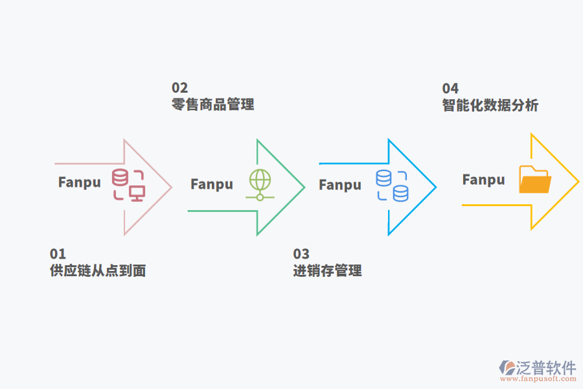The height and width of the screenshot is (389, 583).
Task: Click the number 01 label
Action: (58, 253)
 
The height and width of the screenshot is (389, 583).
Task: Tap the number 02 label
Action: (179, 88)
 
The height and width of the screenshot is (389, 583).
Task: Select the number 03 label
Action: (301, 253)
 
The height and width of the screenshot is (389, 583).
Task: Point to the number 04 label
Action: (450, 88)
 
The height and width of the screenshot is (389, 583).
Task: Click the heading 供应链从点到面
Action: (98, 270)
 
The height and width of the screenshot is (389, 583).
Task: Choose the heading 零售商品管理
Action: (212, 104)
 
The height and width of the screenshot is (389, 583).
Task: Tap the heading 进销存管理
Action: (327, 270)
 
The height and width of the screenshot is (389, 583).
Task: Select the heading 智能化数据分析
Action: (490, 105)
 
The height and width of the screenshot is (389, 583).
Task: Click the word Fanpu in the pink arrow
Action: (80, 182)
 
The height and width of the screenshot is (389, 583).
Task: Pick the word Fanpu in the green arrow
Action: (212, 185)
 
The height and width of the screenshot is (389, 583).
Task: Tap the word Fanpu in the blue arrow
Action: (340, 185)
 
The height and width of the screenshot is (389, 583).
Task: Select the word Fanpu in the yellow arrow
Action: (483, 180)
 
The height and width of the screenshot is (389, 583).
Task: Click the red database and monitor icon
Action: (128, 185)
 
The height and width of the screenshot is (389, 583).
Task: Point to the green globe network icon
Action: (260, 184)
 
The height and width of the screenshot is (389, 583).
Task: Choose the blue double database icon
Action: (392, 185)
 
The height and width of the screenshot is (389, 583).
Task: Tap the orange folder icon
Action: (535, 180)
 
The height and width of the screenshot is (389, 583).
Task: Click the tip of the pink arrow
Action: (171, 187)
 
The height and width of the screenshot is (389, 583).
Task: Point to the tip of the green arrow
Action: (304, 187)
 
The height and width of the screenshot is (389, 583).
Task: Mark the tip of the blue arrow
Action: (435, 187)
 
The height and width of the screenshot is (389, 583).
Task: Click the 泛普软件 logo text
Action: (545, 368)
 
